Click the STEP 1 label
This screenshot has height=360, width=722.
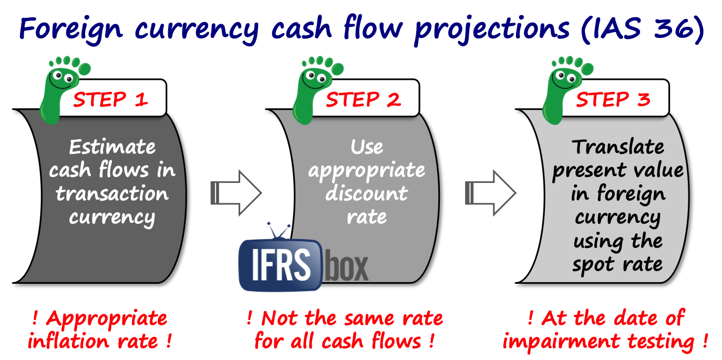click(x=110, y=99)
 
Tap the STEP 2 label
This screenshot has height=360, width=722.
click(x=363, y=99)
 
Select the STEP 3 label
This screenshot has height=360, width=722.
click(x=613, y=99)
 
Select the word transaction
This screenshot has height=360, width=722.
click(x=112, y=193)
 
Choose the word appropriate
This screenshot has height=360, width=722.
click(x=366, y=170)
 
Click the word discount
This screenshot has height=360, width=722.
click(x=366, y=193)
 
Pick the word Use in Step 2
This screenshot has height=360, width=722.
click(x=367, y=147)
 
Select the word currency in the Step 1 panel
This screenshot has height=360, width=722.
click(x=112, y=217)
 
